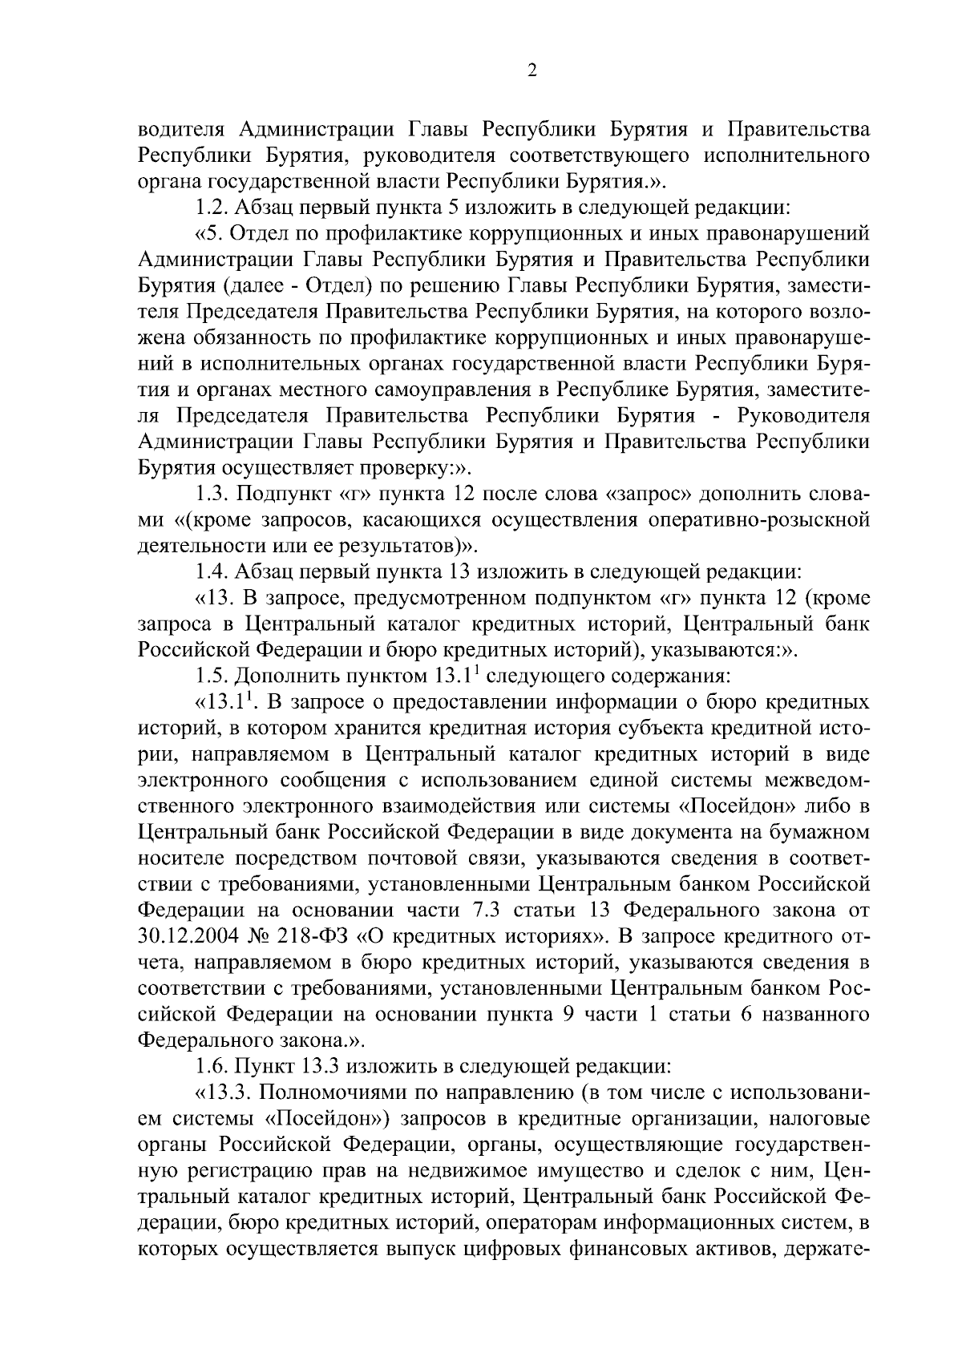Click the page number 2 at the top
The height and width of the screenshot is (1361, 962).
(532, 71)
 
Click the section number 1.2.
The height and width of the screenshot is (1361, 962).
(212, 208)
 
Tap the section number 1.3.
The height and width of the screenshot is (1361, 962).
(212, 494)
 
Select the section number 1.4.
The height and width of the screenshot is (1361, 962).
(212, 571)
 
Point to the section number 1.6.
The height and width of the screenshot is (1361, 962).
(212, 1066)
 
